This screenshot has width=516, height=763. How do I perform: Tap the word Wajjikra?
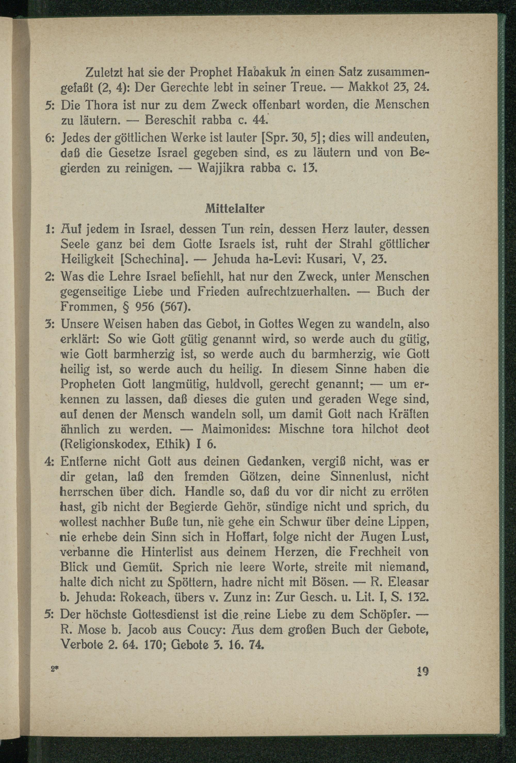pos(222,169)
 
